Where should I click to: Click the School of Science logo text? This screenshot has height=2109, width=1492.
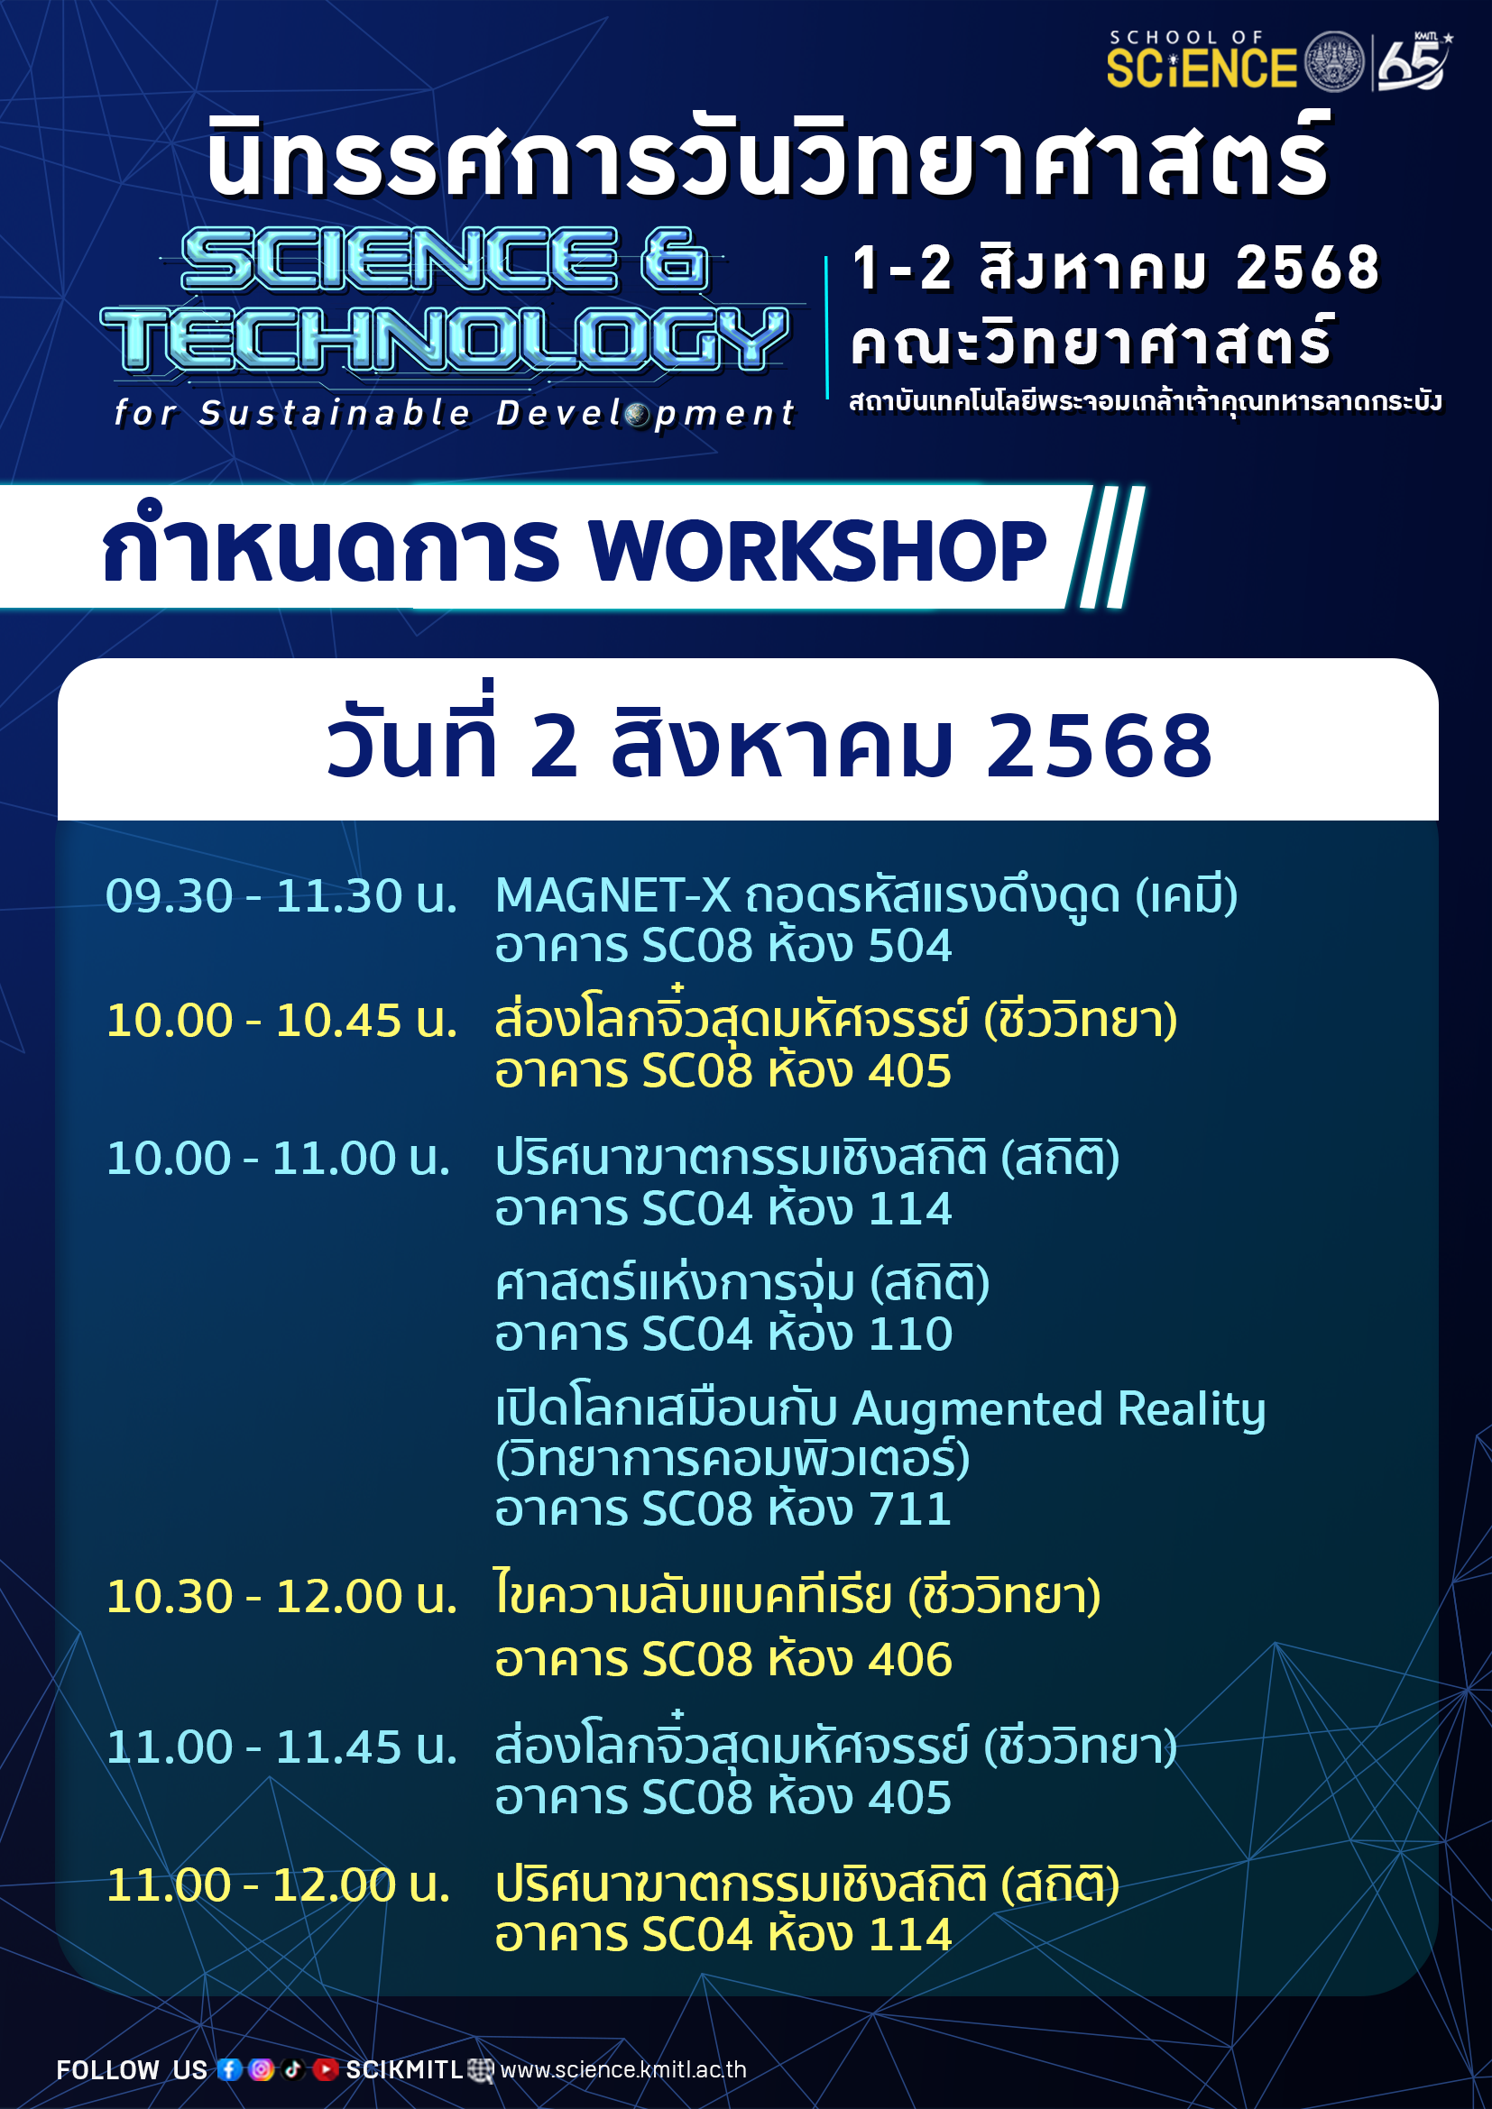pos(1202,60)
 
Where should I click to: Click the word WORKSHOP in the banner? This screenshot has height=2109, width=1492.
pos(817,550)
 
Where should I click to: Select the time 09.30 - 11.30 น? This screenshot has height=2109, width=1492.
pos(281,895)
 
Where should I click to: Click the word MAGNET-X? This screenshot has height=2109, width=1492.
pos(612,895)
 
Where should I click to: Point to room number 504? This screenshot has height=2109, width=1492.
pos(910,946)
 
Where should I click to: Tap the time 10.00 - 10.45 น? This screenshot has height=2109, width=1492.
pos(281,1021)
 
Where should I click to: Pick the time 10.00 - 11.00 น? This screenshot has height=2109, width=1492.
pos(279,1159)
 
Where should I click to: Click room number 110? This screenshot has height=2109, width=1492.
pos(910,1334)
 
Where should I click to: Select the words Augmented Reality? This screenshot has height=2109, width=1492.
pos(1059,1410)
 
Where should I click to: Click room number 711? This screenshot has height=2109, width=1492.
pos(910,1509)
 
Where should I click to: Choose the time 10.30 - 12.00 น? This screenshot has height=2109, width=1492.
pos(281,1597)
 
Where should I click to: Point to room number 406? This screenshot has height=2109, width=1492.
pos(910,1660)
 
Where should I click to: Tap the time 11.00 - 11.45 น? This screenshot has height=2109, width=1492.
pos(281,1747)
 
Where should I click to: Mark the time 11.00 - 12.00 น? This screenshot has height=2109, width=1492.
pos(279,1884)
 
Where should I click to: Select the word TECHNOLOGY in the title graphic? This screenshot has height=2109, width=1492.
pos(445,339)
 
